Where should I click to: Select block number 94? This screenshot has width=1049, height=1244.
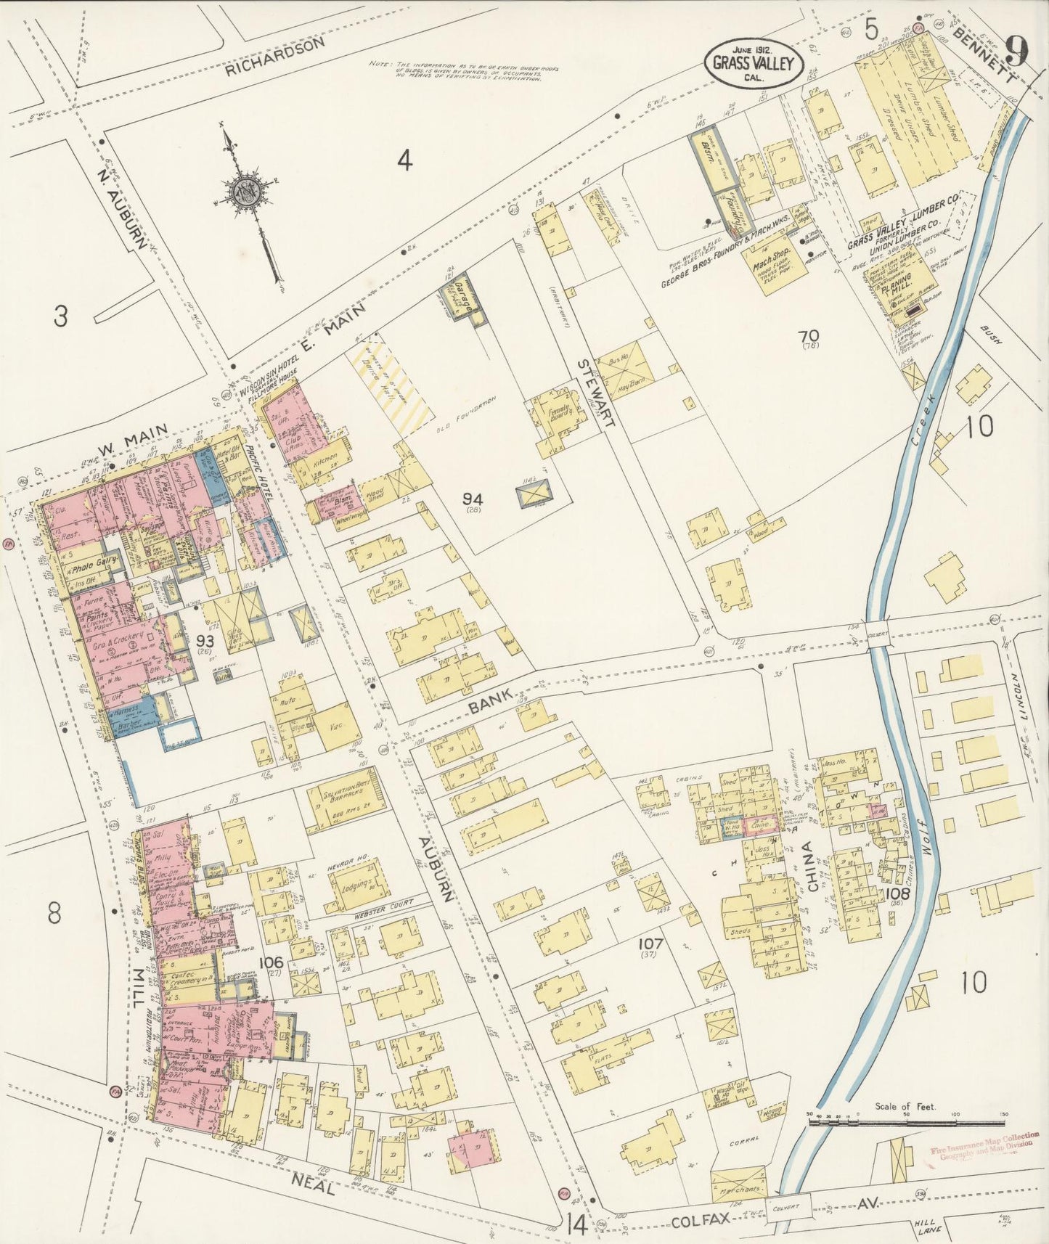[473, 499]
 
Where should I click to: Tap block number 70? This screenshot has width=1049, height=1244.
[808, 337]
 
